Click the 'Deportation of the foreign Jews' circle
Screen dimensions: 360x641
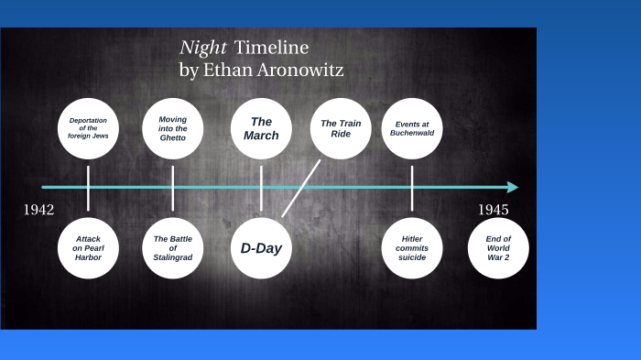(89, 129)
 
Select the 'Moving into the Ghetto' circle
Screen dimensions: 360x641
(173, 129)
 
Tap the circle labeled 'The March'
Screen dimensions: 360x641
(261, 129)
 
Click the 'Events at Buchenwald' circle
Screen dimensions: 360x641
(414, 129)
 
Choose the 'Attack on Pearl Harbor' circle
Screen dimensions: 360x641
(89, 247)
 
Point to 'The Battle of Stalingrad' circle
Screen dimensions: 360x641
(173, 247)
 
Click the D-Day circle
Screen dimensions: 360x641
(261, 247)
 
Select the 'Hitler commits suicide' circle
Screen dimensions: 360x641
(412, 247)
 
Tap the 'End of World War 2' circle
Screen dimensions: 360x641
(498, 247)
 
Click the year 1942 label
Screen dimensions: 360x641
(38, 210)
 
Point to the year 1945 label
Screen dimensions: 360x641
(493, 210)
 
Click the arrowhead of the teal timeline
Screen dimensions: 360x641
(513, 187)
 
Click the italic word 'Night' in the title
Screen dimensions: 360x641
(201, 49)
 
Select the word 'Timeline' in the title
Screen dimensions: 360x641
(272, 49)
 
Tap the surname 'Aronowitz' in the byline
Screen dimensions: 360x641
(299, 71)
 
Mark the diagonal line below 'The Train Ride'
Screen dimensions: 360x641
(301, 189)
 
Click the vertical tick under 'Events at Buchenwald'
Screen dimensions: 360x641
(412, 188)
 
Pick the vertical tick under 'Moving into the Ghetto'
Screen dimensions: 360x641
(173, 188)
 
